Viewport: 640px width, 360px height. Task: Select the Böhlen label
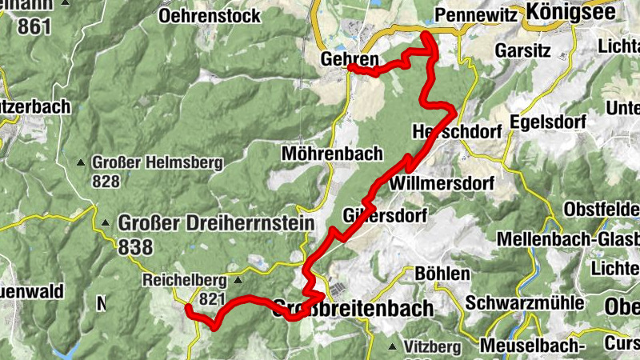[442, 274]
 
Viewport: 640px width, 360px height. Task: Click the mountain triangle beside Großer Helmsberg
[81, 163]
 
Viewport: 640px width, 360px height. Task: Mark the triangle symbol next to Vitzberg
[392, 347]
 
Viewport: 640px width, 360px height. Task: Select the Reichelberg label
[185, 281]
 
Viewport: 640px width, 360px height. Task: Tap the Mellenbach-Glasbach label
[567, 239]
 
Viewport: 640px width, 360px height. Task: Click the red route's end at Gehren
[350, 67]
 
